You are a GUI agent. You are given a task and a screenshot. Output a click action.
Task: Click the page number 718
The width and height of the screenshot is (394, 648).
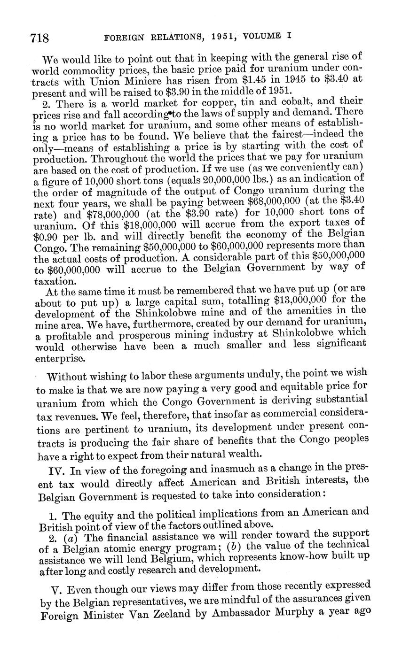point(40,38)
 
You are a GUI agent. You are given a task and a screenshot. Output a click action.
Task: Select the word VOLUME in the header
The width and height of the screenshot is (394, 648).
point(265,35)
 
